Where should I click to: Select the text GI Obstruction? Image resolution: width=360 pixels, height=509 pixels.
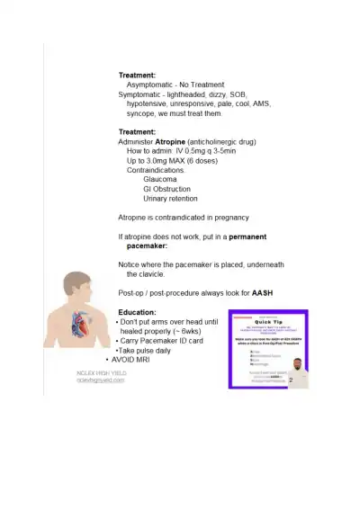tap(166, 189)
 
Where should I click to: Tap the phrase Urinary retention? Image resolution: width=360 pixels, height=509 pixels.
tap(170, 199)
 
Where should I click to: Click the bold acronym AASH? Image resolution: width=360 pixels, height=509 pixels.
tap(263, 293)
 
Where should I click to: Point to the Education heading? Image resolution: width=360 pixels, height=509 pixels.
tap(137, 312)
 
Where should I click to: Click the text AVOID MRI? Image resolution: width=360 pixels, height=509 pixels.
tap(137, 360)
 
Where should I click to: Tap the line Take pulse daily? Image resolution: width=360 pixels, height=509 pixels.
tap(146, 350)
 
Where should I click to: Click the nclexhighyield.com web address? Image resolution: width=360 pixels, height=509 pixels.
tap(100, 380)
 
